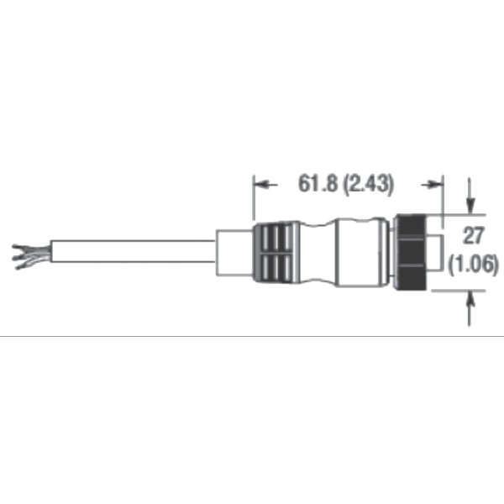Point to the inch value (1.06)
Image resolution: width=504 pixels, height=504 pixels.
[475, 264]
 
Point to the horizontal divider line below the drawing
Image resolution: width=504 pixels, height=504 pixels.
[252, 335]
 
